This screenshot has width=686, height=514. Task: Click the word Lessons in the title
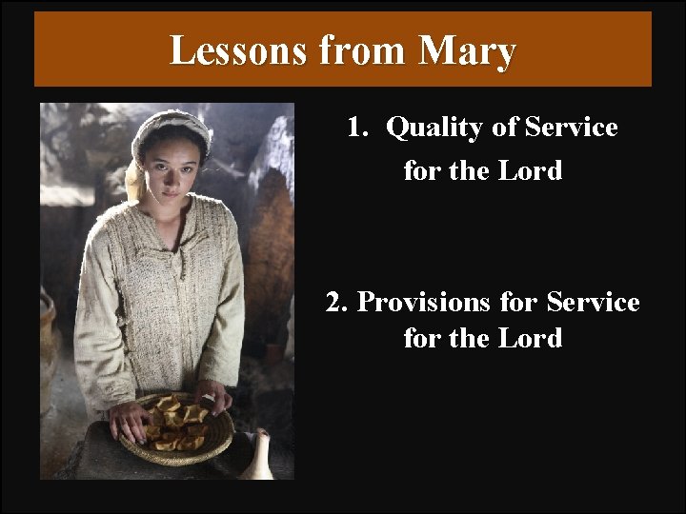pos(239,50)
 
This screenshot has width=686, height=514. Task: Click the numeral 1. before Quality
pos(357,127)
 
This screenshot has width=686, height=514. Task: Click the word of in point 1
pos(505,127)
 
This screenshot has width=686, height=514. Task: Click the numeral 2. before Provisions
pos(336,302)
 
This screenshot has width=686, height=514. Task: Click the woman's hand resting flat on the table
pos(128,420)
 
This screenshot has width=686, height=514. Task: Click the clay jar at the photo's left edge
pos(48,343)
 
